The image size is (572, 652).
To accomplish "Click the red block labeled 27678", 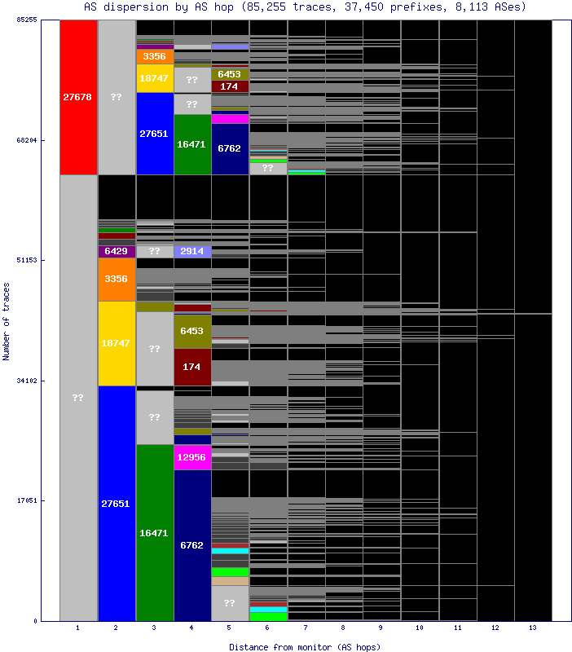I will point(77,97).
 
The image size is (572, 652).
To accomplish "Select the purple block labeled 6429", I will point(116,251).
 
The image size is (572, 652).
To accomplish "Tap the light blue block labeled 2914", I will point(192,251).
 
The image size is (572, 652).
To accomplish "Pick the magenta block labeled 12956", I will point(192,457).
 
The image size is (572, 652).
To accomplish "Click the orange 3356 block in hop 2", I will point(116,279).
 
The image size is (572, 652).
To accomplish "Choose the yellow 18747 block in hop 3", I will point(154,78).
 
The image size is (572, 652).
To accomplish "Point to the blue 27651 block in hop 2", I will point(116,504).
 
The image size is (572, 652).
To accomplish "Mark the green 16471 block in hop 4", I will point(192,143).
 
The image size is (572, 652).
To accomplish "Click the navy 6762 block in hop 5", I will point(230,148).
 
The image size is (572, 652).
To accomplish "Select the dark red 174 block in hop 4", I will point(192,367).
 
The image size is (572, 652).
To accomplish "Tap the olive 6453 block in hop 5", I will point(230,74).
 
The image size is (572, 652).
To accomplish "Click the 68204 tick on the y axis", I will point(28,140).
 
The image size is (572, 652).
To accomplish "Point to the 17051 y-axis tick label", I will point(28,500).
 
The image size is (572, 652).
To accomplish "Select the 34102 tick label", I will point(28,381).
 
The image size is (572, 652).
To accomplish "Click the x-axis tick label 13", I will point(533,628).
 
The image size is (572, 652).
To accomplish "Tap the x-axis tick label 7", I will point(306,628).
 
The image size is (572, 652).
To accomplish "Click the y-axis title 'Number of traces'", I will point(7,321).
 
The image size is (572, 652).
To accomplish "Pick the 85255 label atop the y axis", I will point(28,20).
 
